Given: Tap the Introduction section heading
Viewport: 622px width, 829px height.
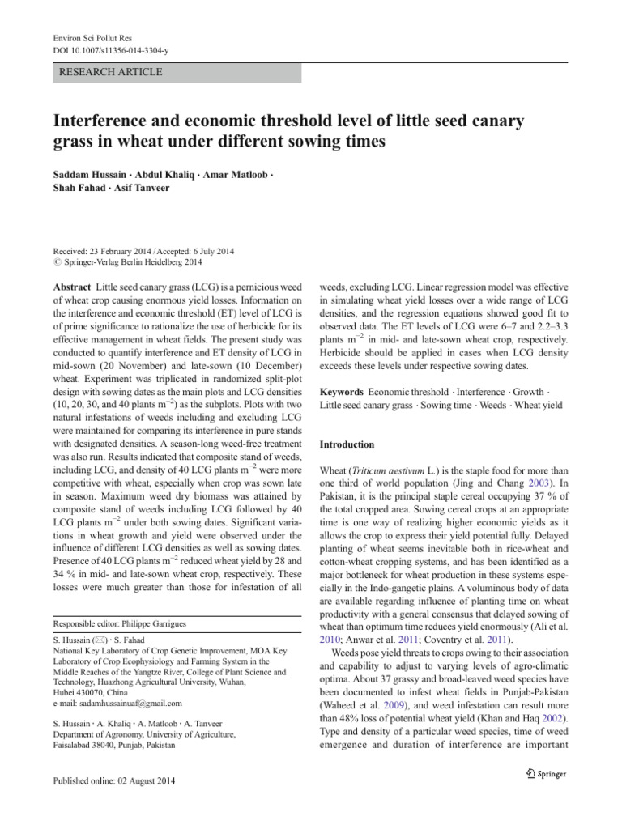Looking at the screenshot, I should point(347,444).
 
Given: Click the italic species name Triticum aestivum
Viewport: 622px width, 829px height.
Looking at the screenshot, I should point(395,470).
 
